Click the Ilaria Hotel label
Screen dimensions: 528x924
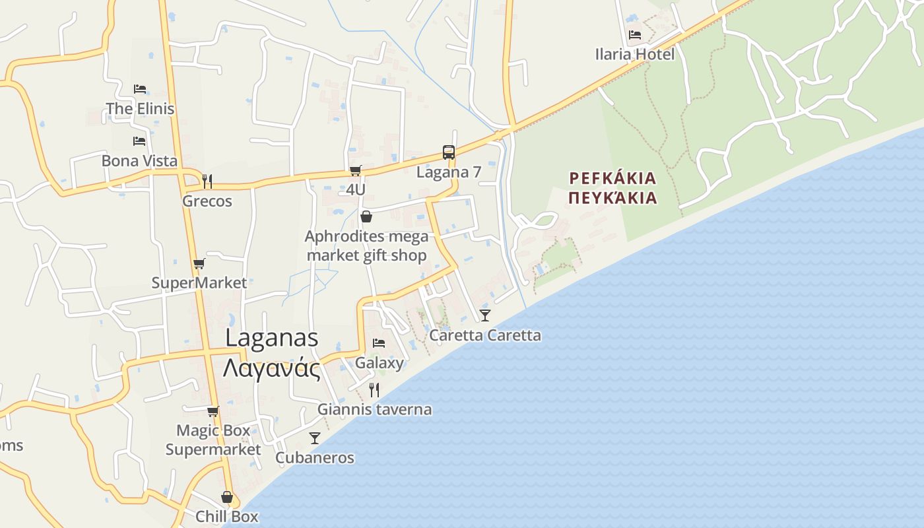click(x=635, y=54)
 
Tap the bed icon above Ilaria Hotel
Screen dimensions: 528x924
click(x=635, y=35)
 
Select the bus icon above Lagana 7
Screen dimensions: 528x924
click(x=449, y=152)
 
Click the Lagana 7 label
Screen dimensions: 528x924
click(x=449, y=172)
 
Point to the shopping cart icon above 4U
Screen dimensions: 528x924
click(x=356, y=171)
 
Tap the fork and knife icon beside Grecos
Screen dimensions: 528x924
click(x=207, y=181)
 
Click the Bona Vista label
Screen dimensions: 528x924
click(x=139, y=160)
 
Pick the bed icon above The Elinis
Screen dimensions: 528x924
click(x=139, y=88)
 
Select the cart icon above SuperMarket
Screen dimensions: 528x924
click(x=199, y=264)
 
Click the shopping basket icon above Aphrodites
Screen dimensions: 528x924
click(x=366, y=216)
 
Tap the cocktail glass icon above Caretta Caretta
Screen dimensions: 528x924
click(x=485, y=315)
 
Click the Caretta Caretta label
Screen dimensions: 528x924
click(x=485, y=335)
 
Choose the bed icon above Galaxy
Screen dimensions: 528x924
click(x=379, y=343)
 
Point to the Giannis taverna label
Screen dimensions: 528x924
click(x=374, y=409)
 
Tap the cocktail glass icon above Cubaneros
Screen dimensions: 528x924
click(x=315, y=438)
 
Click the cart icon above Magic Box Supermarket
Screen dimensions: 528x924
click(x=213, y=412)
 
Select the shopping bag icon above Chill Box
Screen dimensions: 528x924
click(x=227, y=497)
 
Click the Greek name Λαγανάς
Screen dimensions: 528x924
click(x=272, y=368)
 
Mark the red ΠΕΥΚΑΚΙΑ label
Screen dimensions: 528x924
click(x=613, y=197)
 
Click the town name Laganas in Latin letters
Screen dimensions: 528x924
click(x=272, y=337)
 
